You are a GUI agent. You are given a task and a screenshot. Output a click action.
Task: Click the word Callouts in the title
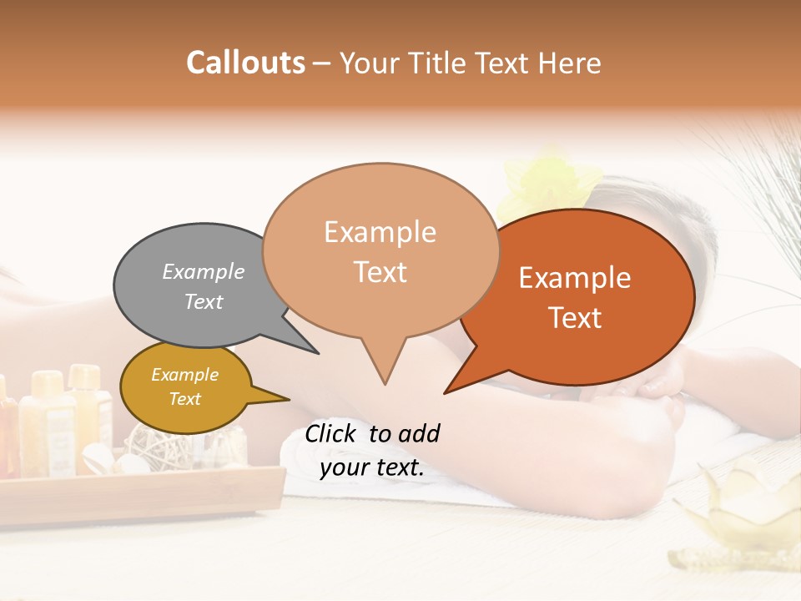[x=245, y=63]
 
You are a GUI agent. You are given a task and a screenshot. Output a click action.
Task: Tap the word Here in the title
[x=571, y=63]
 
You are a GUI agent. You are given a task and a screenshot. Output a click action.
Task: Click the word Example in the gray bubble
[x=204, y=272]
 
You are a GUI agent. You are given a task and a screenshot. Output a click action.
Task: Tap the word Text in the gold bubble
[x=185, y=399]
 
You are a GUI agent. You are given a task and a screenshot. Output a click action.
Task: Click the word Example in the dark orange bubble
[x=575, y=278]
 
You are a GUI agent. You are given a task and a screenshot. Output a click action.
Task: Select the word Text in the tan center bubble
[x=380, y=272]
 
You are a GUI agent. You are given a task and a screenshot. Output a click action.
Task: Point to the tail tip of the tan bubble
[x=385, y=383]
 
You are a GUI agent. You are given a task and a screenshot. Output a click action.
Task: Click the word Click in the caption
[x=333, y=433]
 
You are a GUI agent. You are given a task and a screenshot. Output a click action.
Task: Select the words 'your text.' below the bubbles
[x=371, y=468]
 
